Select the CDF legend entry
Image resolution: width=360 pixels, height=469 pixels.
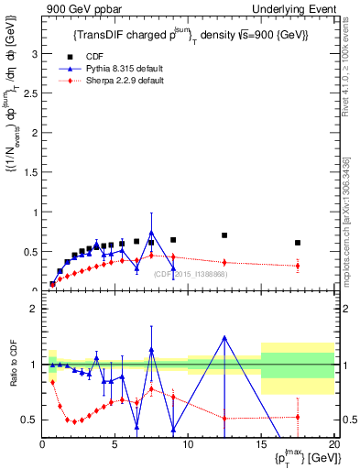point(93,55)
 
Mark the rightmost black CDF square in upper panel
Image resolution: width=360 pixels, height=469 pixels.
point(297,243)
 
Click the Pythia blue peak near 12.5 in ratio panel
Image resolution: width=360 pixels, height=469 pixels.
point(224,337)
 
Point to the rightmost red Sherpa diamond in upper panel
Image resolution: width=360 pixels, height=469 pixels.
point(297,266)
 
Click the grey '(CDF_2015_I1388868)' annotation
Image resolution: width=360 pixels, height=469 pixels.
point(190,274)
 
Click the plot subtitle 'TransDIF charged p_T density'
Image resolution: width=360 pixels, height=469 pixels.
point(191,35)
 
